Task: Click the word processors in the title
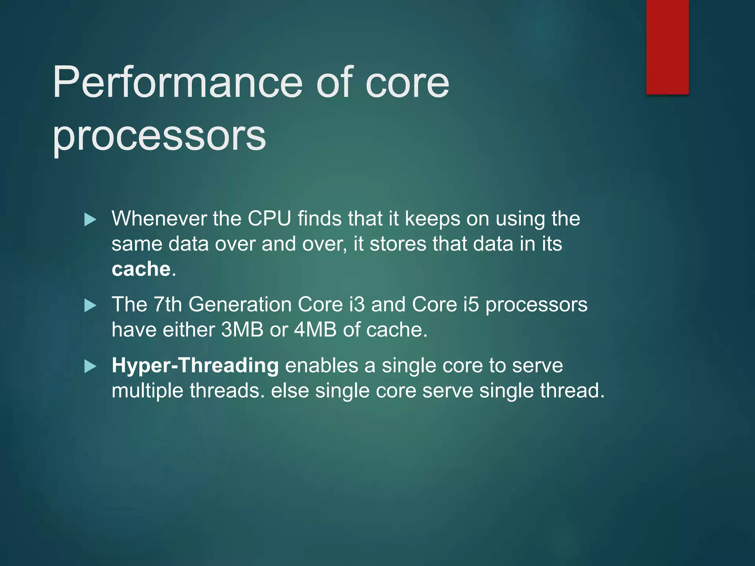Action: point(159,136)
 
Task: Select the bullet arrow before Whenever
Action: point(90,220)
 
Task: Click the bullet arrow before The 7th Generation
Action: point(90,305)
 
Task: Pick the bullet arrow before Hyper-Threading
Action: point(90,366)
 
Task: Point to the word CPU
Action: point(269,219)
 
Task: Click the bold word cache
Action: point(141,269)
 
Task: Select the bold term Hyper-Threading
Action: point(195,366)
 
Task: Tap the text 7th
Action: point(167,304)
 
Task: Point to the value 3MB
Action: point(242,329)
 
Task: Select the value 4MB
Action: point(315,329)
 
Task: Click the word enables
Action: point(321,366)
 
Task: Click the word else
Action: point(290,391)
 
